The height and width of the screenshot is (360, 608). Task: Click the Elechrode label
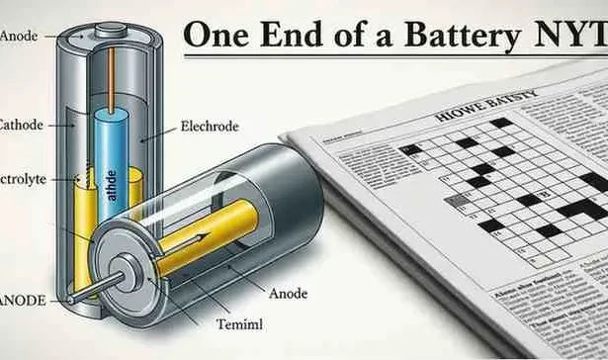[x=211, y=127]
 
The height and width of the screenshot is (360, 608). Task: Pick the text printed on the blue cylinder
[x=112, y=184]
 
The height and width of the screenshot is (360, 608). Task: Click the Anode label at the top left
[x=20, y=37]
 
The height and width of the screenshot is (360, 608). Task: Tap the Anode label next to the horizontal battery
[x=288, y=294]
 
